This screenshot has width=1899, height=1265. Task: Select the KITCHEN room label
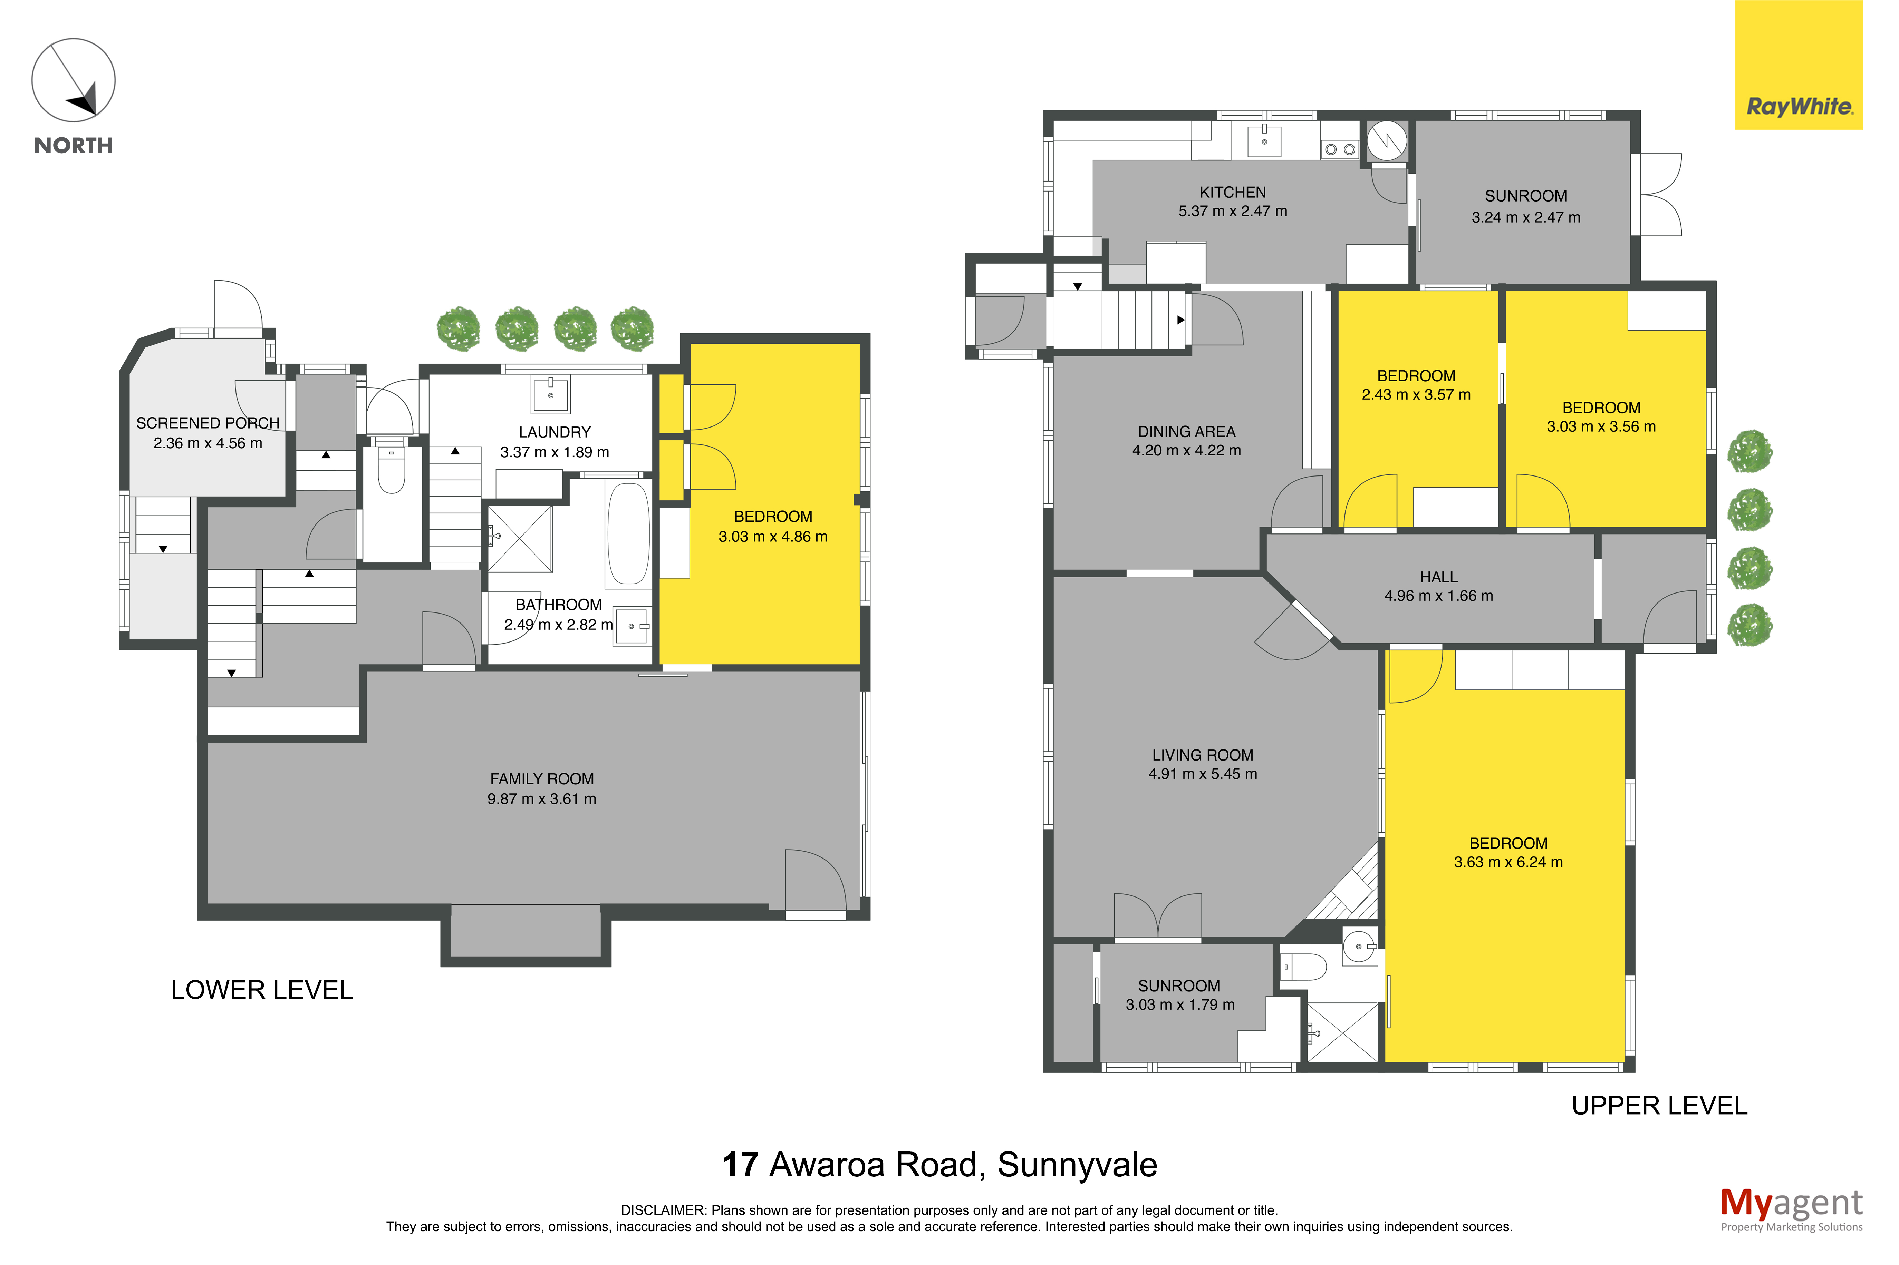point(1232,192)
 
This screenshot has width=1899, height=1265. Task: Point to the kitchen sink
point(1264,140)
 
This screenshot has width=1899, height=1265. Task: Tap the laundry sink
point(550,394)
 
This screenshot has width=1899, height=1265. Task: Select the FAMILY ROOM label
point(541,778)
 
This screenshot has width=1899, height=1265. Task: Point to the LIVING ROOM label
point(1203,755)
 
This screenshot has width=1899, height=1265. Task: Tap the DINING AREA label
point(1186,432)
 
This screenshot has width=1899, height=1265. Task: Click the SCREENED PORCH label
point(208,423)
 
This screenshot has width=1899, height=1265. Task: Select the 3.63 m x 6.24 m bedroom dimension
point(1507,862)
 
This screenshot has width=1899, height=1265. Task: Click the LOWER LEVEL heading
point(261,990)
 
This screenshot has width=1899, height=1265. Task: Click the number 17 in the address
point(740,1164)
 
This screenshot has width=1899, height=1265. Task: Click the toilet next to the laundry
point(392,470)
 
